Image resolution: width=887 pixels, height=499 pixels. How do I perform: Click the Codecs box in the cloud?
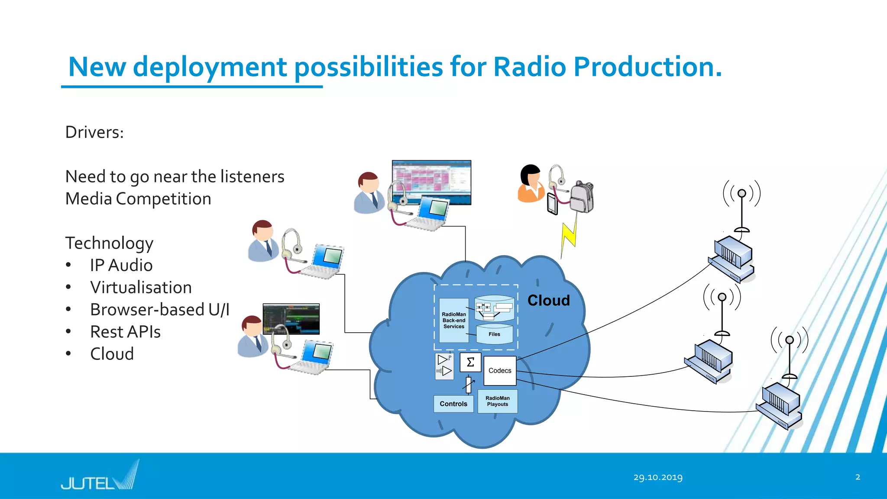499,371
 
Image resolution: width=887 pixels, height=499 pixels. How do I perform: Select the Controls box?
453,404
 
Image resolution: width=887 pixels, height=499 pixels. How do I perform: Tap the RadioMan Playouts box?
497,401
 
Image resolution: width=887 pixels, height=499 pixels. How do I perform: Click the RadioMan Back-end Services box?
453,321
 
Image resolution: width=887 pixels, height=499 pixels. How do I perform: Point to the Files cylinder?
494,334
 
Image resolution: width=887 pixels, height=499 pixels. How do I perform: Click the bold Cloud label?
548,301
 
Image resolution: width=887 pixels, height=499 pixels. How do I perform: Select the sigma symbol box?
470,363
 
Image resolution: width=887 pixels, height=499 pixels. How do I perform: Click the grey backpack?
581,197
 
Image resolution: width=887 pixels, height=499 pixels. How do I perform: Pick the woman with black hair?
531,184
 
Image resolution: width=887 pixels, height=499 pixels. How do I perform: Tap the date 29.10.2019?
657,477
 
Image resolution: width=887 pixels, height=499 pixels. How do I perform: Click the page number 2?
858,477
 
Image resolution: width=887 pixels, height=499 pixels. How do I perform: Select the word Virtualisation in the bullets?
141,288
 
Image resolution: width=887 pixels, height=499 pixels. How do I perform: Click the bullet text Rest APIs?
125,332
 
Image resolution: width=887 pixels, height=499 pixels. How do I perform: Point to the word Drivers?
94,132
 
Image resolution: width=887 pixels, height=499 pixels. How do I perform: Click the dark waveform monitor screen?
291,319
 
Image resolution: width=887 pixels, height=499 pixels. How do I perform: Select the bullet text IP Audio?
121,265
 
